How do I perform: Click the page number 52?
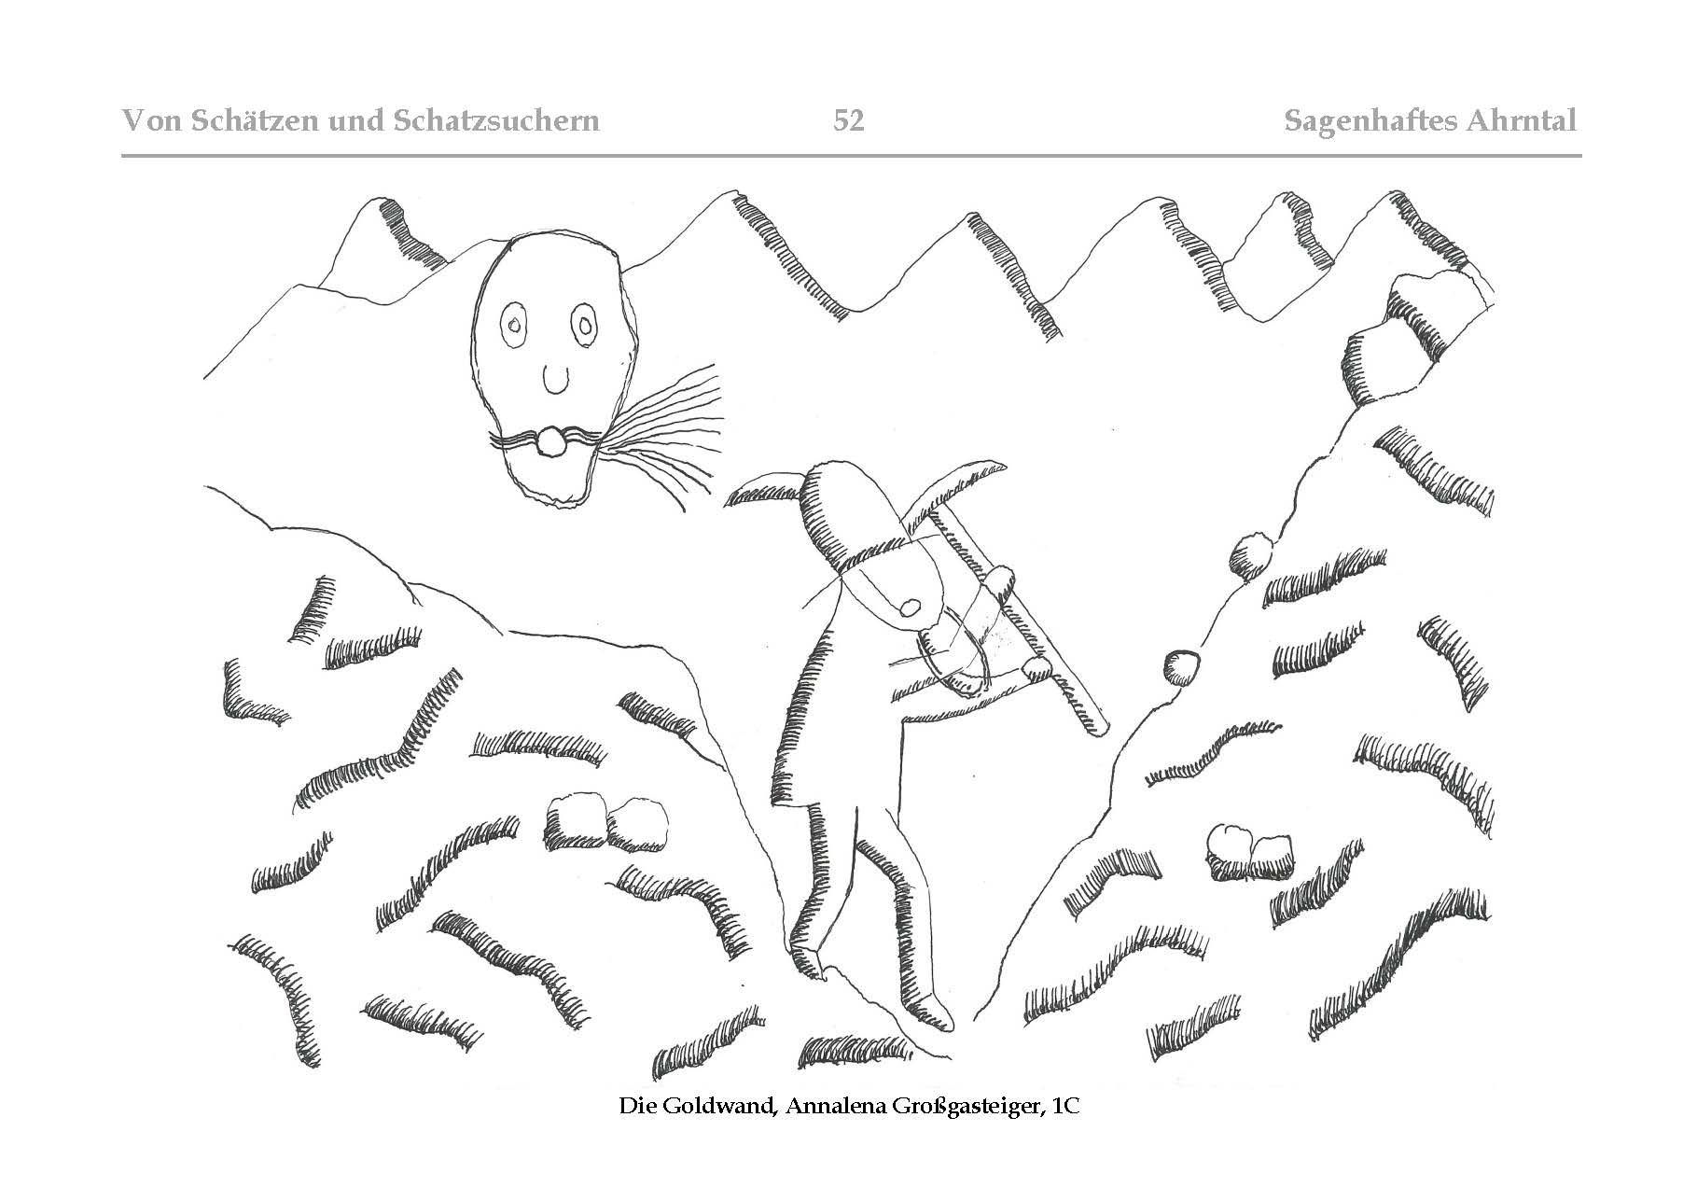[849, 120]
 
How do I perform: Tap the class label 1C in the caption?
[1064, 1108]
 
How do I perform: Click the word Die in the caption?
[638, 1108]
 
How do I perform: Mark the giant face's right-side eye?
[585, 327]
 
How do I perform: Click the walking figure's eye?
[910, 608]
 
